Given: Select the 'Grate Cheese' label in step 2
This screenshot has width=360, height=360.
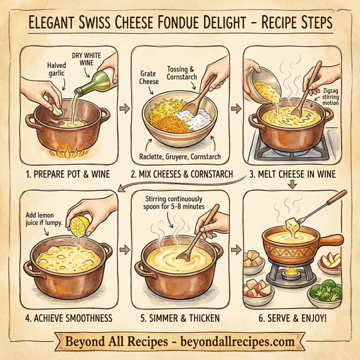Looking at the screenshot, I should [x=151, y=79].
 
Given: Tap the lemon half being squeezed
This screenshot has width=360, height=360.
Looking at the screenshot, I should [x=79, y=226].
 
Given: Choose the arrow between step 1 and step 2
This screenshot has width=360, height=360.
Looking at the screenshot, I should [x=124, y=109].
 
